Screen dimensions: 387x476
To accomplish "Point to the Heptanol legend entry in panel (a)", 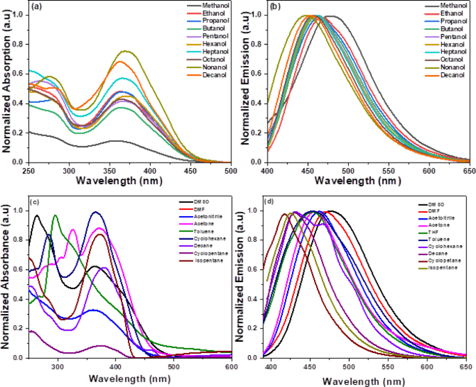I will [x=214, y=53].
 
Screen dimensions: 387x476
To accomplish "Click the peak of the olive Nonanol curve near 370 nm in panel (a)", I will [x=125, y=51].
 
